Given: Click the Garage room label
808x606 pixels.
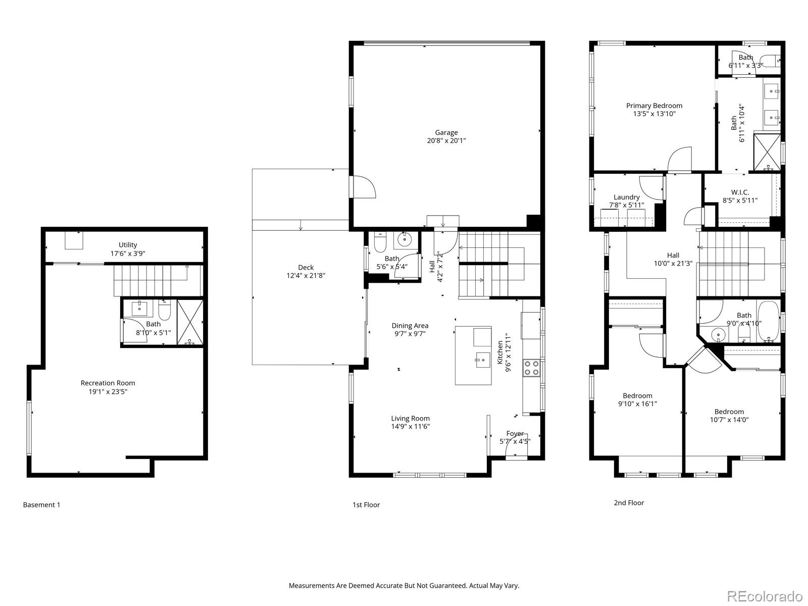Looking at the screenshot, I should [446, 133].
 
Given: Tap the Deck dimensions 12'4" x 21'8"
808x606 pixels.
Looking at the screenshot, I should [306, 276].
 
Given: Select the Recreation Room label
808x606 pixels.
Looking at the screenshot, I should [108, 383].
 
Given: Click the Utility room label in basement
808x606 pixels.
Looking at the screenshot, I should [128, 245].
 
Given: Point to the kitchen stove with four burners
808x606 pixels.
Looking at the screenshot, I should [530, 367].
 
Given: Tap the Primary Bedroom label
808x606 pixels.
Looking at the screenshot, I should [654, 106].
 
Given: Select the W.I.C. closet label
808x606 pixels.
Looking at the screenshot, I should [740, 192].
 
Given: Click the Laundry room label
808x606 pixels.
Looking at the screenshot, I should [626, 197].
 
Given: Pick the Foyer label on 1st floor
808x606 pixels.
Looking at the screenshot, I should [515, 433].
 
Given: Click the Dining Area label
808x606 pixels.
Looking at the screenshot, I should [410, 326].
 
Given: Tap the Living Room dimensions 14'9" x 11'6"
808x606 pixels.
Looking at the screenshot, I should [410, 426].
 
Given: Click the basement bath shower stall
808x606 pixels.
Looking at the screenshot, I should [190, 322].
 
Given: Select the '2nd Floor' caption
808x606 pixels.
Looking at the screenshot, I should [628, 502].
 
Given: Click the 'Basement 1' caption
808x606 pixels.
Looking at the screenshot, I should [41, 504].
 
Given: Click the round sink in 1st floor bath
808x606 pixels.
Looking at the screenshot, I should [405, 240].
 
